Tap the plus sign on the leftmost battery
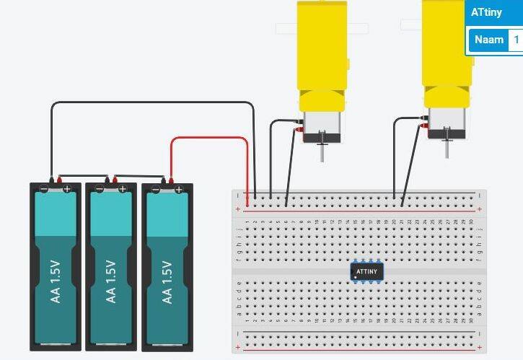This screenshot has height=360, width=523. pos(67,189)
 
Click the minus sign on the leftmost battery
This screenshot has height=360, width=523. pos(44,189)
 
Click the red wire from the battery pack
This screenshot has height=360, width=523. pos(209,139)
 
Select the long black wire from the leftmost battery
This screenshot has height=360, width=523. pos(151,104)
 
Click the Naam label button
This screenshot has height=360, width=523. pos(488,40)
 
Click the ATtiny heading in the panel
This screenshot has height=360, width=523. pos(487,12)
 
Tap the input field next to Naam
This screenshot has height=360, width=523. pos(516,40)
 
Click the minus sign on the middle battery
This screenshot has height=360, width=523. pos(100,189)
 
